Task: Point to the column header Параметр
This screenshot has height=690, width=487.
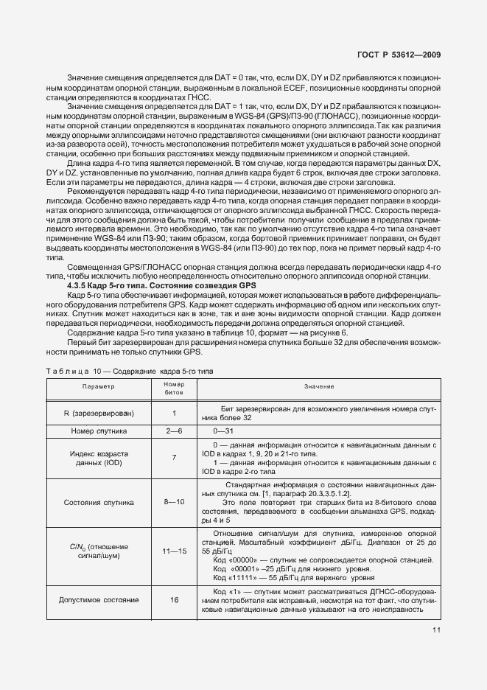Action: click(99, 386)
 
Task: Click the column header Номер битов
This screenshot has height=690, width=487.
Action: click(174, 386)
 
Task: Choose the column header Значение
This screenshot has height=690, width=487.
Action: click(319, 386)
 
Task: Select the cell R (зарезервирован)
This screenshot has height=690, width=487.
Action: click(99, 413)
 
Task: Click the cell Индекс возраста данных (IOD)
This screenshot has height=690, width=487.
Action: click(99, 458)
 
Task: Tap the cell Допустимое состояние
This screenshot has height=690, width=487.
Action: click(99, 600)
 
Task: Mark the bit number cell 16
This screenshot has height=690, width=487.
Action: click(174, 600)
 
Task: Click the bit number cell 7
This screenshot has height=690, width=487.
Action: click(174, 458)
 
